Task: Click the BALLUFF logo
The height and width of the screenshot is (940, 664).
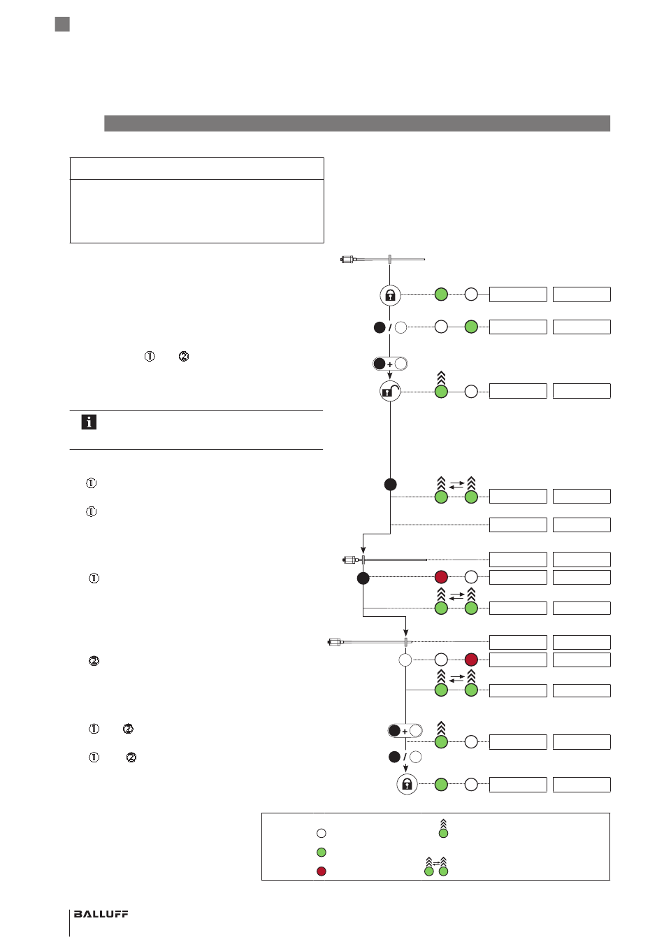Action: coord(101,914)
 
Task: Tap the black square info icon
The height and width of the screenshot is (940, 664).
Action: coord(89,422)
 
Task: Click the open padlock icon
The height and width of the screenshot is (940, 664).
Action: coord(390,392)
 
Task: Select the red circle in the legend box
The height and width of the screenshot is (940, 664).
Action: coord(322,871)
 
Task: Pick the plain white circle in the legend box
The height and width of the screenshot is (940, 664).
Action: coord(322,833)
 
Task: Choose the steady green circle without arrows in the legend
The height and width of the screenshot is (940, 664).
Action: coord(322,852)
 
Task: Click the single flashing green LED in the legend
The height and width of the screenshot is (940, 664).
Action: coord(443,829)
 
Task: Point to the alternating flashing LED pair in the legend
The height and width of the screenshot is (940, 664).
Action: coord(436,867)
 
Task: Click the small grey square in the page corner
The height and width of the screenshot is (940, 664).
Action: coord(62,24)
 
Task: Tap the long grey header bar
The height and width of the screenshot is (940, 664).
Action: coord(357,123)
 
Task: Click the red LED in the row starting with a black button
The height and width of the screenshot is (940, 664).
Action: coord(441,577)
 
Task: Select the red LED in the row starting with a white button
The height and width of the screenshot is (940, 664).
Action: coord(472,660)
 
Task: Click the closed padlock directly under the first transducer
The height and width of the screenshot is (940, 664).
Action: coord(390,295)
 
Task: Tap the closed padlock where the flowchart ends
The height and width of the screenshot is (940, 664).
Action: coord(407,784)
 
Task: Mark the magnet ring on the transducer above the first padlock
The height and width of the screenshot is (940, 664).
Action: coord(390,259)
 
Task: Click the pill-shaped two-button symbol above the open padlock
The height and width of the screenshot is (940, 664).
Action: coord(390,364)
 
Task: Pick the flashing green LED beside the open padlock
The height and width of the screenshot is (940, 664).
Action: coord(441,385)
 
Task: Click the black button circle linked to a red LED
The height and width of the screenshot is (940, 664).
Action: coord(363,578)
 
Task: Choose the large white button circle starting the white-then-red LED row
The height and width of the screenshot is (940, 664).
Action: coord(405,660)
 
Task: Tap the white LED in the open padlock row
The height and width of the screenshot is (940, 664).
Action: coord(472,392)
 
